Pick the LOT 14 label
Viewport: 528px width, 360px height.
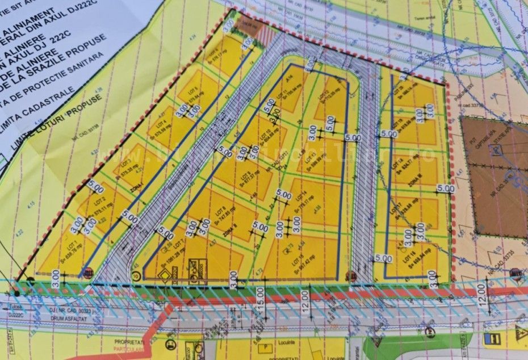point(296,202)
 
